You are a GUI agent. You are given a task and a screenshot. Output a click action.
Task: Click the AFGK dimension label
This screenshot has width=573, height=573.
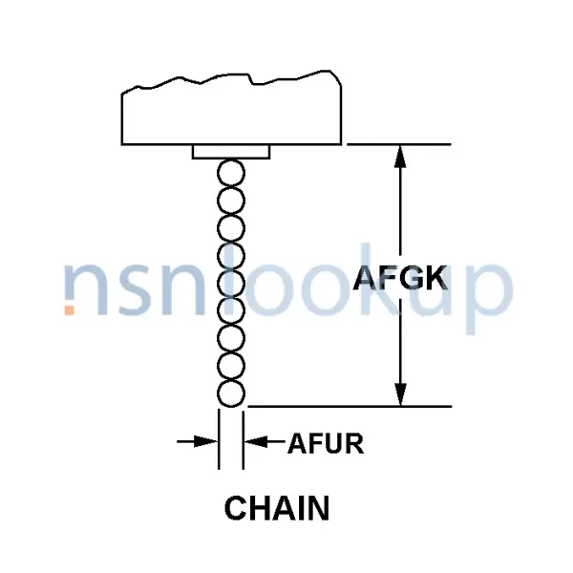[x=400, y=278]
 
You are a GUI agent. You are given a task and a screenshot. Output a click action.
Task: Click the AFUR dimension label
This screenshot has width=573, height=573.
[x=326, y=443]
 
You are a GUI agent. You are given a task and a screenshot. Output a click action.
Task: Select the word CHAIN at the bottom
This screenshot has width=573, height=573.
[x=277, y=508]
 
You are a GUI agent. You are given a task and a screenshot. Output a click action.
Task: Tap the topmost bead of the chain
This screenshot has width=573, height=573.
[x=231, y=173]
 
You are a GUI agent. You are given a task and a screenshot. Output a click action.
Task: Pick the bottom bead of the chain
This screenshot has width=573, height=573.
[x=231, y=393]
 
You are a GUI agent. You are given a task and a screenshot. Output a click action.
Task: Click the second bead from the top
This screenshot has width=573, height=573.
[x=231, y=201]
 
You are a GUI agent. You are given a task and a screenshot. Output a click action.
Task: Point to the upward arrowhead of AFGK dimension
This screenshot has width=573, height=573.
[x=400, y=157]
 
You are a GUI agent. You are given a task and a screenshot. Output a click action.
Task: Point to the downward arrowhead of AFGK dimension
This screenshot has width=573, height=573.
[x=400, y=394]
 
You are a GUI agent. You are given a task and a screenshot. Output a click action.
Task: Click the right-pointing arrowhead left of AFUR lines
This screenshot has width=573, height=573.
[x=205, y=441]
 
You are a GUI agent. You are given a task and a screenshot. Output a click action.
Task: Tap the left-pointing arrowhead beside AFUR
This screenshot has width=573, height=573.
[x=256, y=441]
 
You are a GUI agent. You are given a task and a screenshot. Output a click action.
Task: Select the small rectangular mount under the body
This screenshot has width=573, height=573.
[x=231, y=152]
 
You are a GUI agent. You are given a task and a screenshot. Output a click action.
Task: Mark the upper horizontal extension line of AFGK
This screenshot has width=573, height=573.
[x=399, y=145]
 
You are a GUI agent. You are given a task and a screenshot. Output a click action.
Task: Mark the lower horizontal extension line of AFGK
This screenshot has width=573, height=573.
[x=350, y=406]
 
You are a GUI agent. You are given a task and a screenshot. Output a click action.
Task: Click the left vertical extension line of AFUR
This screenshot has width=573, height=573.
[x=219, y=439]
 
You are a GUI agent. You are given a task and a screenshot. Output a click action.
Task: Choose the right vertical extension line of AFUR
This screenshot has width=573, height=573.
[x=243, y=439]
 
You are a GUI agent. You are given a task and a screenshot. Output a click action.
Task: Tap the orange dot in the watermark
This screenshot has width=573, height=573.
[x=70, y=310]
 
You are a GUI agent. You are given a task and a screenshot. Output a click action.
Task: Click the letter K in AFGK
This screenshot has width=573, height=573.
[x=436, y=278]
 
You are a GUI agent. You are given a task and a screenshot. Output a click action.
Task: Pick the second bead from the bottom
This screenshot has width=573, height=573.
[x=231, y=366]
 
